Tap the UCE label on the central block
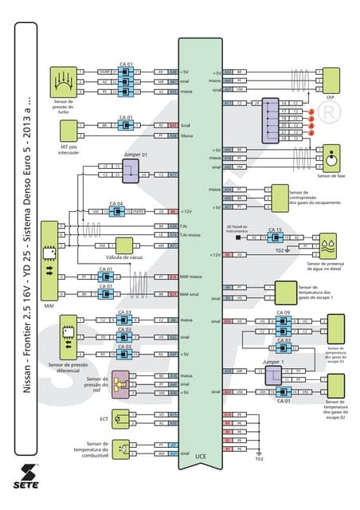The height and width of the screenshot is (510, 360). pyautogui.click(x=202, y=456)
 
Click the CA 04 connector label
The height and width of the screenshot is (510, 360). pyautogui.click(x=116, y=203)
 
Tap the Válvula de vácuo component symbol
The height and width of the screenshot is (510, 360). pyautogui.click(x=127, y=246)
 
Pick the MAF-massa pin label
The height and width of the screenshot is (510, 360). pyautogui.click(x=191, y=277)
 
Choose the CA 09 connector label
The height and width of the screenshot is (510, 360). pyautogui.click(x=283, y=312)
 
